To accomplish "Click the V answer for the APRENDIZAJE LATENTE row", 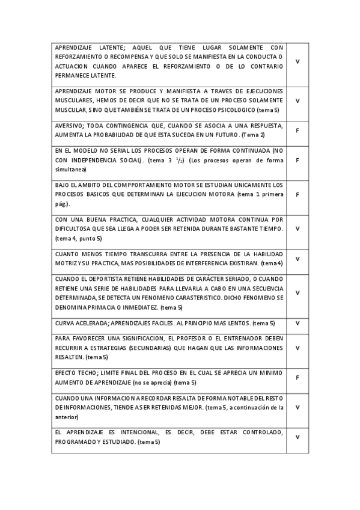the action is point(297,61).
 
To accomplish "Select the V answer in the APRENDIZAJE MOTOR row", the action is point(297,100).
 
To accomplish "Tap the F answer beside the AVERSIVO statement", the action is point(297,129).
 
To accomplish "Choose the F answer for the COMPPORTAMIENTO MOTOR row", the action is point(297,194).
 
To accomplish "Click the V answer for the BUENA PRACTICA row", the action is point(297,229).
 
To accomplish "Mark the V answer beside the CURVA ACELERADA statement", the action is point(297,323).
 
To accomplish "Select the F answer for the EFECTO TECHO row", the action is point(297,377).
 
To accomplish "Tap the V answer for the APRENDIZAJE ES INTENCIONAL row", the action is point(297,437).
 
